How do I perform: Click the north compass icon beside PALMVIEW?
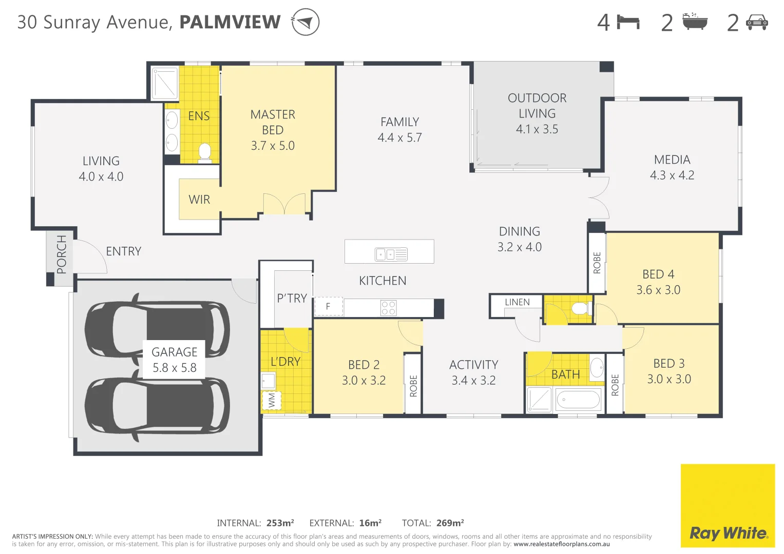point(305,23)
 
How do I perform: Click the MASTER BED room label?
point(273,122)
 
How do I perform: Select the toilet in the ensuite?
point(204,152)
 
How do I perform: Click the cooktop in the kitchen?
point(389,308)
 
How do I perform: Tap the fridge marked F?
point(328,306)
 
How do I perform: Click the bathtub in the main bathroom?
point(578,399)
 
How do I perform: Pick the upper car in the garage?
point(157,328)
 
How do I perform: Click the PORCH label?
point(62,254)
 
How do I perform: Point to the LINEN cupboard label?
point(517,303)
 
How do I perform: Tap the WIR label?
point(199,200)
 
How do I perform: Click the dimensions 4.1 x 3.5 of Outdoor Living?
point(537,129)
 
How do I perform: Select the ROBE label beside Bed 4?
point(597,263)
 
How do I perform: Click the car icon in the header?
point(756,22)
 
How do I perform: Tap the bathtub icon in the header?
point(695,22)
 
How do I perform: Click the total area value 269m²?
point(450,523)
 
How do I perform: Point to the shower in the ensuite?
point(165,83)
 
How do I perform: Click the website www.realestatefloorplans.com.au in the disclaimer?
point(561,544)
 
